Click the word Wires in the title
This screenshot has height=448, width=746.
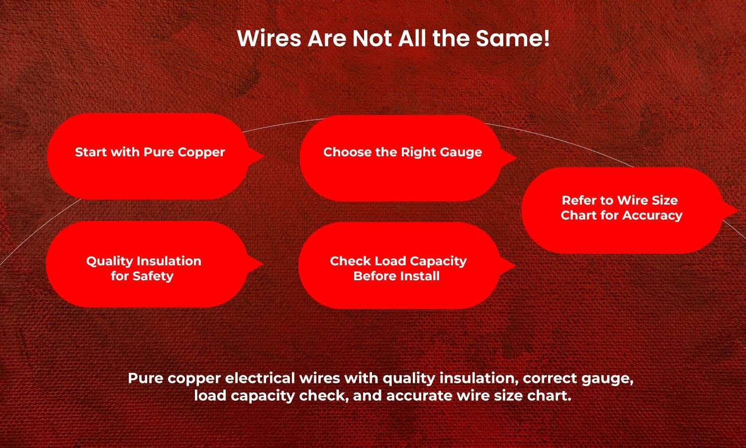(269, 38)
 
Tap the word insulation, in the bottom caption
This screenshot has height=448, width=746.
(476, 378)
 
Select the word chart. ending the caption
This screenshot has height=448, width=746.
(553, 396)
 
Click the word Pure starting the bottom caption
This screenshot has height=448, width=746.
(146, 378)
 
